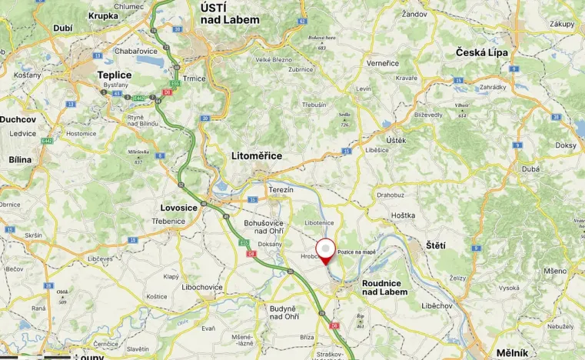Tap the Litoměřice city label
pos(257,155)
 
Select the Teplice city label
pos(114,75)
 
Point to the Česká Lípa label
pos(482,52)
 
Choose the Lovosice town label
pos(179,208)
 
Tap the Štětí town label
pos(436,245)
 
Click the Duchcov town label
pos(18,119)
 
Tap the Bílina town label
pos(20,159)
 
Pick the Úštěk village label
pos(396,139)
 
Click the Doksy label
pos(565,145)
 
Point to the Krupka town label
pos(103,15)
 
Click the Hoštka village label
pos(402,216)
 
